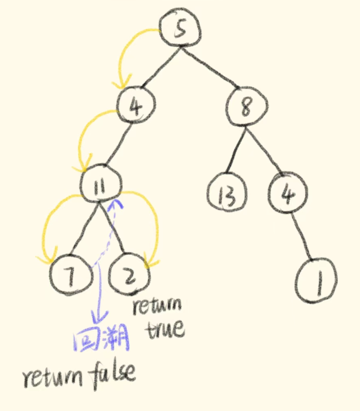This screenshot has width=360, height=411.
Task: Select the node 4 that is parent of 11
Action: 135,107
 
